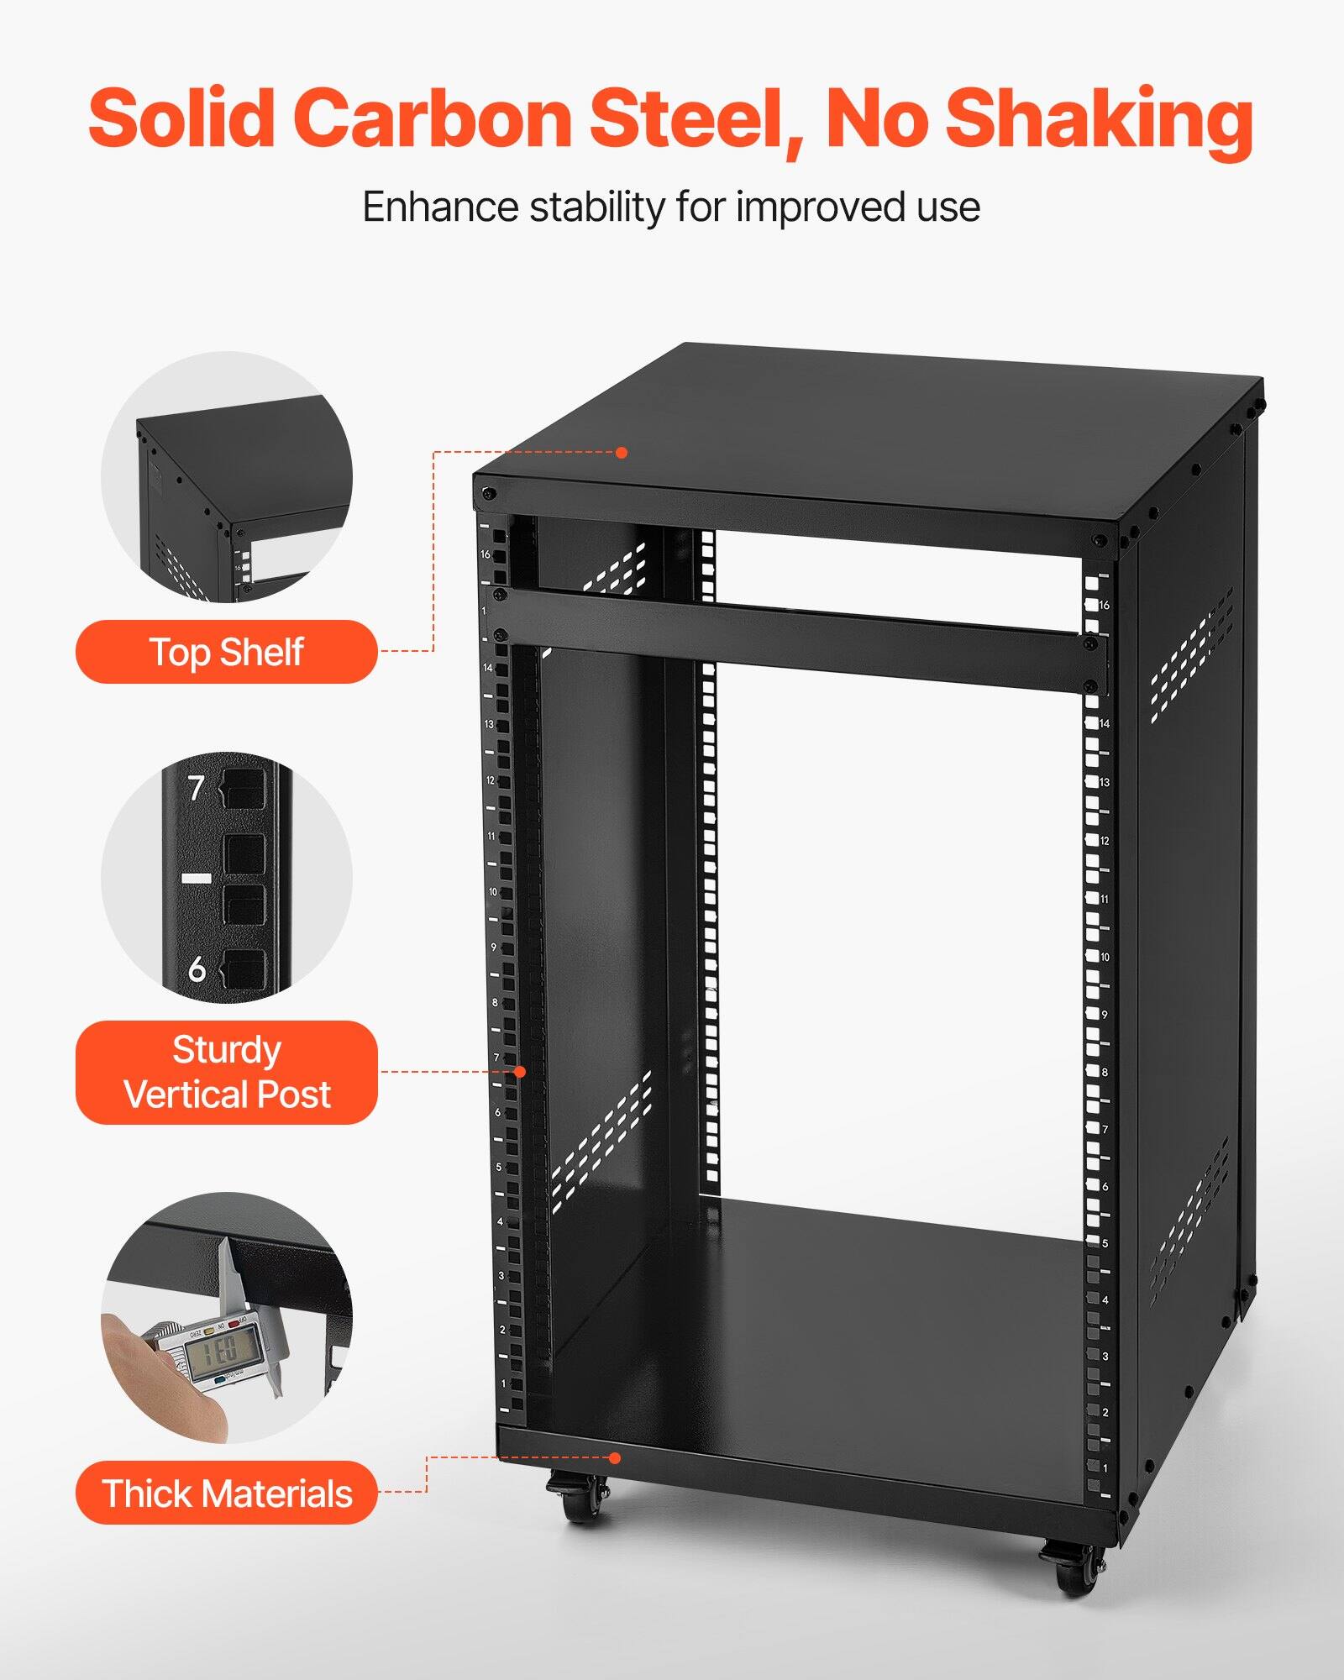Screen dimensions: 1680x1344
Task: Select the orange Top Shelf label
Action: (x=226, y=652)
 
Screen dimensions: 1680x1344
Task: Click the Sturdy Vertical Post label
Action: (x=226, y=1072)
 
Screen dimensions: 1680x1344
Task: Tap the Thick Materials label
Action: (x=226, y=1494)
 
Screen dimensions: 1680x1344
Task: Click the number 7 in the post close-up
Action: (x=196, y=788)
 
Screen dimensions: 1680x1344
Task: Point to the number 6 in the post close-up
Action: (x=197, y=969)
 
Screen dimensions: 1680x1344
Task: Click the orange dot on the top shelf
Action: (x=622, y=453)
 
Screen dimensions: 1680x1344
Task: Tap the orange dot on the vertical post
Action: (x=520, y=1072)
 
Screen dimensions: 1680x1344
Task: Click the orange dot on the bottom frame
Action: (x=615, y=1458)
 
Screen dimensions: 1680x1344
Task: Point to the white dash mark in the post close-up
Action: (x=197, y=878)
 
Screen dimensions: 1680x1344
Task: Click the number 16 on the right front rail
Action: (x=1104, y=605)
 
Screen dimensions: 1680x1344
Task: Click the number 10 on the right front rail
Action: (x=1104, y=957)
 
